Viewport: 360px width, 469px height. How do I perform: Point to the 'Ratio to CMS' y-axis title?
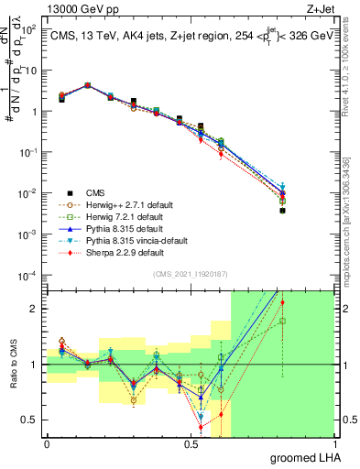coord(12,365)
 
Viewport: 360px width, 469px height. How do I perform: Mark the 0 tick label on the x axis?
coord(47,444)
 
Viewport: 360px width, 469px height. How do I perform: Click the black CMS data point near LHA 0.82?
coord(283,211)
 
